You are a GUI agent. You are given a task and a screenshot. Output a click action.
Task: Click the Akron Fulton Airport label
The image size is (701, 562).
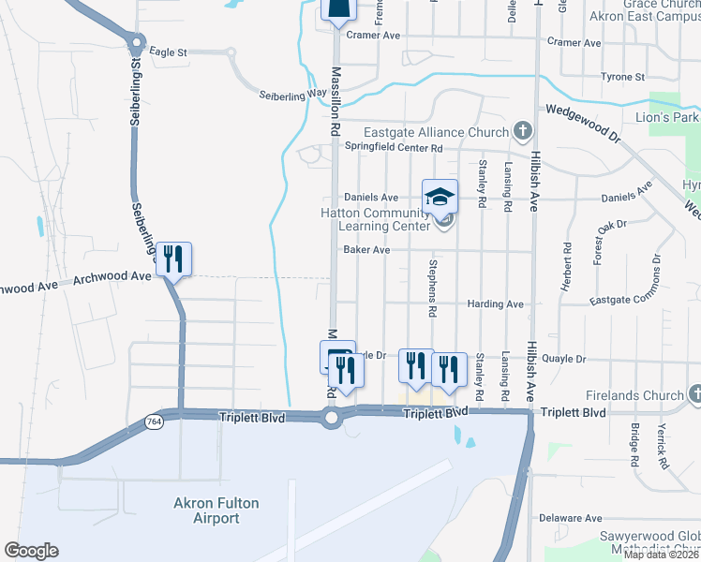[216, 510]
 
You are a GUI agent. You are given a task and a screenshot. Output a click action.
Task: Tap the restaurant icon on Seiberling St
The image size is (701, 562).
[172, 259]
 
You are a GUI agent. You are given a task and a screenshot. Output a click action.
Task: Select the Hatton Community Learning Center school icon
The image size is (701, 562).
[440, 197]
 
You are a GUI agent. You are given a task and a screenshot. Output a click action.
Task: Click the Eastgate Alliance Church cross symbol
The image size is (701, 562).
[522, 131]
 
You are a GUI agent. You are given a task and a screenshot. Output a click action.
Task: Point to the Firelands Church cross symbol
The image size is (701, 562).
[694, 395]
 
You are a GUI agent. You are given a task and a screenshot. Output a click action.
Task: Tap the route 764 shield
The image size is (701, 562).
[154, 422]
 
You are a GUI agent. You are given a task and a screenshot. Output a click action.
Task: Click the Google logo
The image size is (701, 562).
[31, 551]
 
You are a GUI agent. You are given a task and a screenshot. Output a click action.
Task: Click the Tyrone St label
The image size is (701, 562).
[622, 77]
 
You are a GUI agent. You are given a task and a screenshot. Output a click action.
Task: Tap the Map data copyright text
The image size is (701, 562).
[660, 555]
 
